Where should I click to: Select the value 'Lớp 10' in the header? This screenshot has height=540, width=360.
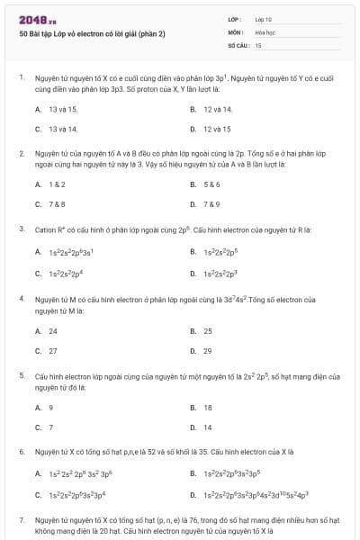coord(263,19)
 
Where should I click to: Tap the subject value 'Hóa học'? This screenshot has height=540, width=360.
coord(265,31)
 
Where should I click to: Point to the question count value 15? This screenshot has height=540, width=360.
coord(258,44)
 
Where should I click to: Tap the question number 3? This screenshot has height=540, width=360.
coord(21,229)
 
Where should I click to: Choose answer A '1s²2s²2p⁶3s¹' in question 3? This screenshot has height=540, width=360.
coord(68,252)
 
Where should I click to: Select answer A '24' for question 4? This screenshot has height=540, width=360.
coord(52,330)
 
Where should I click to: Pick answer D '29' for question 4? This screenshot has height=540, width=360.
coord(208,350)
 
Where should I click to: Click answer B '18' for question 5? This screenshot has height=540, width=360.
coord(208,407)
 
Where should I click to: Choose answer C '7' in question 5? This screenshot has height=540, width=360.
coord(50,427)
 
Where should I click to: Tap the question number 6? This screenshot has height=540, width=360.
coord(21,452)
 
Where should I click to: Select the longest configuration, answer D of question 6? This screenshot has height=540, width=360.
coord(256,495)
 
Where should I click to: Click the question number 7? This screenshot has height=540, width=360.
coord(21,520)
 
